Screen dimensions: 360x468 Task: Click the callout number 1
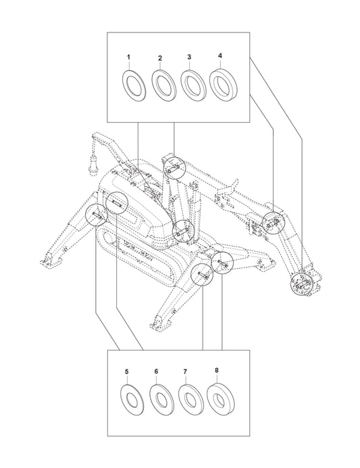[x=128, y=57]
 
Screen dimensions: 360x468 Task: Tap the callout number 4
[x=220, y=56]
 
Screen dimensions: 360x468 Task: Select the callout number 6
[x=156, y=371]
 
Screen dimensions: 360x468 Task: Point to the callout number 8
[x=216, y=370]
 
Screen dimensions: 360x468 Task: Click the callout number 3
[x=189, y=57]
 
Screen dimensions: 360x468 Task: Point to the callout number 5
[x=126, y=371]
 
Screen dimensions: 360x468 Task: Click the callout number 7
[x=185, y=371]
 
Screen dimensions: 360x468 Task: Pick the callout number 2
[x=160, y=58]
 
